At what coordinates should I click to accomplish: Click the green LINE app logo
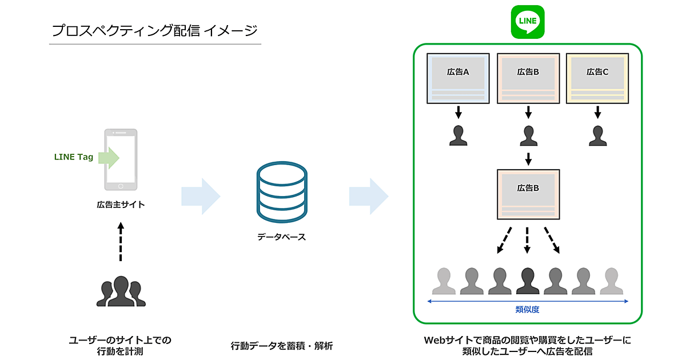[528, 22]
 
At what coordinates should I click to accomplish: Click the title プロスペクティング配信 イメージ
[154, 30]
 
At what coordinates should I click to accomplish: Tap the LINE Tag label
[74, 157]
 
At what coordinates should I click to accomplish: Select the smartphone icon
[121, 159]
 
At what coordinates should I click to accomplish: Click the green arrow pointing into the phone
[108, 157]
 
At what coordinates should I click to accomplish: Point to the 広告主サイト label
[121, 204]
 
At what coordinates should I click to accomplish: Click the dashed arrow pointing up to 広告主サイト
[121, 242]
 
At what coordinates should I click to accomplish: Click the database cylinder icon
[282, 193]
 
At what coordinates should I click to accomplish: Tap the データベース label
[281, 237]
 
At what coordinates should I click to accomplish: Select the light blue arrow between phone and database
[201, 196]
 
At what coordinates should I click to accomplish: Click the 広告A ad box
[458, 78]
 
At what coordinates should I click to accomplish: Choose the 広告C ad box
[597, 78]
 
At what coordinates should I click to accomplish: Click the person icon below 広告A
[458, 135]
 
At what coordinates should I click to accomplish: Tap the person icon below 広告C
[597, 135]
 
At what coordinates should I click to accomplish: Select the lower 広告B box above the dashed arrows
[528, 194]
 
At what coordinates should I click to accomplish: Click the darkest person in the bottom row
[528, 280]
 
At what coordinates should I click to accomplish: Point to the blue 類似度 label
[527, 310]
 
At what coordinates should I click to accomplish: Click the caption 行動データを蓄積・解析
[281, 346]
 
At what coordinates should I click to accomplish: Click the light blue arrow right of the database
[369, 196]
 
